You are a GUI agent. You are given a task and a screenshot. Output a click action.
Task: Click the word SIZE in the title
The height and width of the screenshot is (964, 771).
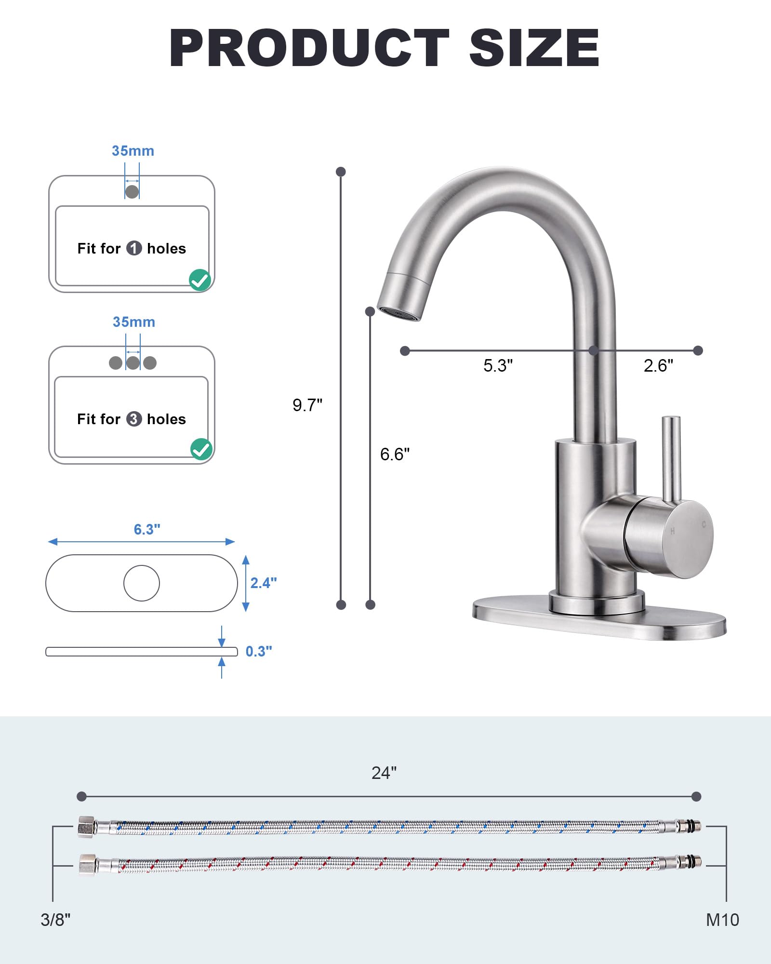tap(534, 48)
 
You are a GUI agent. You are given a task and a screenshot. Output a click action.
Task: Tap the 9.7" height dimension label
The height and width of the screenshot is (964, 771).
tap(307, 405)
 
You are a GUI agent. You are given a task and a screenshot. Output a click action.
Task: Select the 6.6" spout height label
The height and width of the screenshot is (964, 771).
tap(395, 454)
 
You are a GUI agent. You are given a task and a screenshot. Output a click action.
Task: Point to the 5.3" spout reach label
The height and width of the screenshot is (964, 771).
tap(498, 365)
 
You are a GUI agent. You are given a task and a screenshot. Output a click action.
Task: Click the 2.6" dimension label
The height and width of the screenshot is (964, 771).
tap(658, 365)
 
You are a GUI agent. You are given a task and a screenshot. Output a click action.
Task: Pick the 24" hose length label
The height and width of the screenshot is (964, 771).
tap(384, 773)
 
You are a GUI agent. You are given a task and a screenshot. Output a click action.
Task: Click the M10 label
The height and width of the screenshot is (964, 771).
tap(722, 920)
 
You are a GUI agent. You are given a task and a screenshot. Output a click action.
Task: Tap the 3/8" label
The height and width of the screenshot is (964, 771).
tap(55, 920)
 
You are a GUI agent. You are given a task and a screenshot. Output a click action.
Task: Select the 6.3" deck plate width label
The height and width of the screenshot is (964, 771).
tap(147, 529)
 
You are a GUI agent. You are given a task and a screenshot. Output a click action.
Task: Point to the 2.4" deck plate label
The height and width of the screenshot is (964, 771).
tap(264, 583)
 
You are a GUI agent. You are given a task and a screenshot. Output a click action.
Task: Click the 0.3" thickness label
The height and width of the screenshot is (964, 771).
tap(259, 651)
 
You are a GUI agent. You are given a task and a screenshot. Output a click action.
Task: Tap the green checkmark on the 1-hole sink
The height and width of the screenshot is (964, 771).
tap(200, 280)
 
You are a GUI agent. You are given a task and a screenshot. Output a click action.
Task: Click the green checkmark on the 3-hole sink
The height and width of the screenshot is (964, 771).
tap(201, 449)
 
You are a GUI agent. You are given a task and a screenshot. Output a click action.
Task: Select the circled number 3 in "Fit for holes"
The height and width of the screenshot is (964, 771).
tap(134, 419)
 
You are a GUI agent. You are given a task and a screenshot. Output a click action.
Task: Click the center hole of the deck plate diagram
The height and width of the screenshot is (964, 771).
tap(142, 583)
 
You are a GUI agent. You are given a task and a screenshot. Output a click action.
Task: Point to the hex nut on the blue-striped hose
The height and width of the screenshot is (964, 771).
tap(86, 827)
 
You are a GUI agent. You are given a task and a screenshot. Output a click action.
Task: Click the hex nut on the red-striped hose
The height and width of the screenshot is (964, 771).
tap(87, 864)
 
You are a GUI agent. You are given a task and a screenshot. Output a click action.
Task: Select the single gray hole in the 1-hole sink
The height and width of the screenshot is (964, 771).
tap(132, 191)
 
